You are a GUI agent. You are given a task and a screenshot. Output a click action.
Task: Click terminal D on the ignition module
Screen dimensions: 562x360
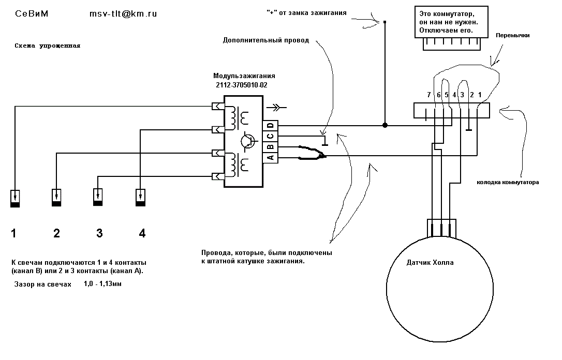pyautogui.click(x=271, y=126)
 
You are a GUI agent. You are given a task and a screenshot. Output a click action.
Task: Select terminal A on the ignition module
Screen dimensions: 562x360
pyautogui.click(x=271, y=158)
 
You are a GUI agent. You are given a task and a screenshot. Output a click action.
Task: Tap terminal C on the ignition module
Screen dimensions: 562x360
pyautogui.click(x=271, y=137)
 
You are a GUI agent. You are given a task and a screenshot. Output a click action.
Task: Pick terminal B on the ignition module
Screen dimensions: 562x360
pyautogui.click(x=271, y=147)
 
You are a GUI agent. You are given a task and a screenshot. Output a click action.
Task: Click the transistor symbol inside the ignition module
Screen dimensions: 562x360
pyautogui.click(x=248, y=141)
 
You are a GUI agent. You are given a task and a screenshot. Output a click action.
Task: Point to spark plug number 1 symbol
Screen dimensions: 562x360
pyautogui.click(x=14, y=199)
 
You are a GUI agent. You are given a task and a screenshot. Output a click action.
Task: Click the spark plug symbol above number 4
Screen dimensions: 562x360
pyautogui.click(x=141, y=198)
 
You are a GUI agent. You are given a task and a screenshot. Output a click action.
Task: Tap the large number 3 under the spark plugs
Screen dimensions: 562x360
pyautogui.click(x=100, y=234)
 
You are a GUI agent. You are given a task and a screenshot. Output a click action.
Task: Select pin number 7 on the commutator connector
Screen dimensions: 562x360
pyautogui.click(x=428, y=95)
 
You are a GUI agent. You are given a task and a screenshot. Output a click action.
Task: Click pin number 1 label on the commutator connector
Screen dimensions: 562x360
pyautogui.click(x=480, y=95)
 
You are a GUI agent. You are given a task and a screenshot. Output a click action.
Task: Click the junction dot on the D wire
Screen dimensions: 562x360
pyautogui.click(x=385, y=125)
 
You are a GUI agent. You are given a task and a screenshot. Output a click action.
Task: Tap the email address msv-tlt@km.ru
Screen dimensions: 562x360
pyautogui.click(x=123, y=14)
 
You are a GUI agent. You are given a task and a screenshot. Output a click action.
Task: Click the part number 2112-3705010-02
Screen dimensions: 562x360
pyautogui.click(x=242, y=85)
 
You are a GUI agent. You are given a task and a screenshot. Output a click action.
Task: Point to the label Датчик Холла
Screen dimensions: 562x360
pyautogui.click(x=430, y=263)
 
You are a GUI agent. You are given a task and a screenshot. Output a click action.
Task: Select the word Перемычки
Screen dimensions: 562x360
pyautogui.click(x=512, y=36)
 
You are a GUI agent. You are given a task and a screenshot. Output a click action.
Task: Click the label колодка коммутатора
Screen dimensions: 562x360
pyautogui.click(x=508, y=183)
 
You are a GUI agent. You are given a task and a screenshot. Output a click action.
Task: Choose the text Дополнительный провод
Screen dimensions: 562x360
pyautogui.click(x=266, y=40)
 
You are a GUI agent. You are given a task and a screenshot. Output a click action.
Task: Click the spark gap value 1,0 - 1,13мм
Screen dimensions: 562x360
pyautogui.click(x=103, y=284)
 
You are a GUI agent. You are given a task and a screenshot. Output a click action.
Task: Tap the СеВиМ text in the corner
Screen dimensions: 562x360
pyautogui.click(x=32, y=14)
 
